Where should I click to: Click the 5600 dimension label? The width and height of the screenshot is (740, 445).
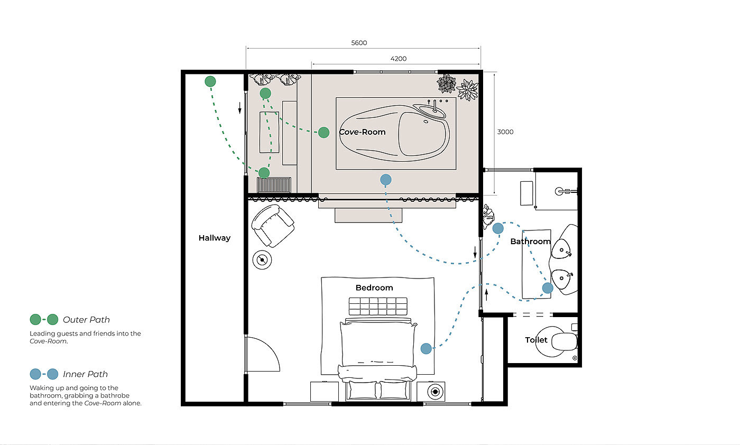click(x=359, y=43)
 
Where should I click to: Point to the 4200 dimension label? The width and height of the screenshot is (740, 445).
click(x=399, y=59)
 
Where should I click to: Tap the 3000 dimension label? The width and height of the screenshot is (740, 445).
click(x=505, y=132)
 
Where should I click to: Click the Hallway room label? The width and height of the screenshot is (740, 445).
click(x=215, y=238)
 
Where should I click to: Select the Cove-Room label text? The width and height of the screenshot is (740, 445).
click(x=363, y=132)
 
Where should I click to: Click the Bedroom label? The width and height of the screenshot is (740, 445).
click(x=374, y=288)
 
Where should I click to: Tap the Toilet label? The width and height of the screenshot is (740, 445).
click(x=536, y=340)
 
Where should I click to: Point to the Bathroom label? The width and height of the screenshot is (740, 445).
click(x=531, y=242)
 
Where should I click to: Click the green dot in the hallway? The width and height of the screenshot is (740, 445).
click(x=210, y=81)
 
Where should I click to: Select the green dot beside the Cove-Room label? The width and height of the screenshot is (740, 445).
click(x=323, y=133)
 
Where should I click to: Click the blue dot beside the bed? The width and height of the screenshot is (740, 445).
click(x=426, y=348)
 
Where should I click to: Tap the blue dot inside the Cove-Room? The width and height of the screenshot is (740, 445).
click(x=386, y=180)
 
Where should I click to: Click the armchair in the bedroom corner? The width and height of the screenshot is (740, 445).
click(x=273, y=226)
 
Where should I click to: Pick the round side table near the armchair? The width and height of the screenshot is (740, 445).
click(x=262, y=260)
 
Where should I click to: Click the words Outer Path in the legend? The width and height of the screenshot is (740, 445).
click(x=86, y=320)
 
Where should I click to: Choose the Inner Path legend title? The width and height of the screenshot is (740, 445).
click(x=85, y=374)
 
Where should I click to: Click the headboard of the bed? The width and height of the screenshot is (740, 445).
click(x=378, y=306)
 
